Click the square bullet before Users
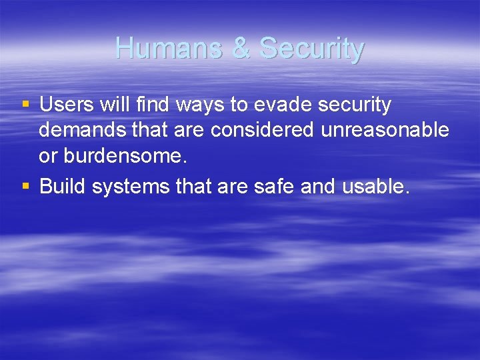tap(26, 105)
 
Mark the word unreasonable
tap(385, 130)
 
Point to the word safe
tap(275, 187)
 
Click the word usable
tap(373, 187)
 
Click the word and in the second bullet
tap(318, 187)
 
